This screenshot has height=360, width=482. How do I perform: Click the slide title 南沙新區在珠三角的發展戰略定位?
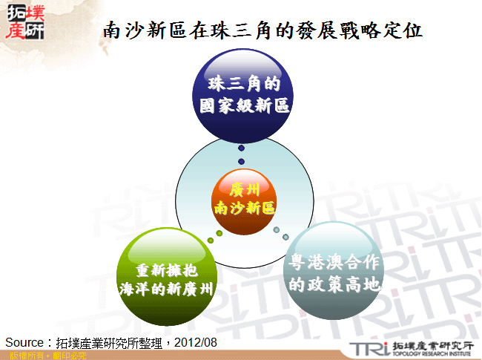[263, 30]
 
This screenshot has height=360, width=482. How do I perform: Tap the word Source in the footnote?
[25, 342]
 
